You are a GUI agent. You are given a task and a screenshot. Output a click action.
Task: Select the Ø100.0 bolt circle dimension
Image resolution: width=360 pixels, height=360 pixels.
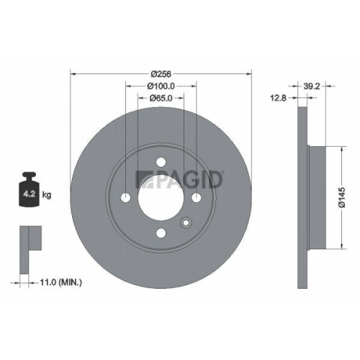coord(161,86)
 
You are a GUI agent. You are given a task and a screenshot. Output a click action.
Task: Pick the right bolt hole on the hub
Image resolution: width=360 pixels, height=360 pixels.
coord(196,198)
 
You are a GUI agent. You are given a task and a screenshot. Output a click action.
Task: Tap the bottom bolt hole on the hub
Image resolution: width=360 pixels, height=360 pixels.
coord(161,233)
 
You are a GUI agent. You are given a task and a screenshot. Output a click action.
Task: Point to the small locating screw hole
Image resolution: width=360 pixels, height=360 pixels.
coord(185,222)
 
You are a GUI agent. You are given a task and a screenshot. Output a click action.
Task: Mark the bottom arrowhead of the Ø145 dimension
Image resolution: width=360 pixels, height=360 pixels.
coord(335,247)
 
